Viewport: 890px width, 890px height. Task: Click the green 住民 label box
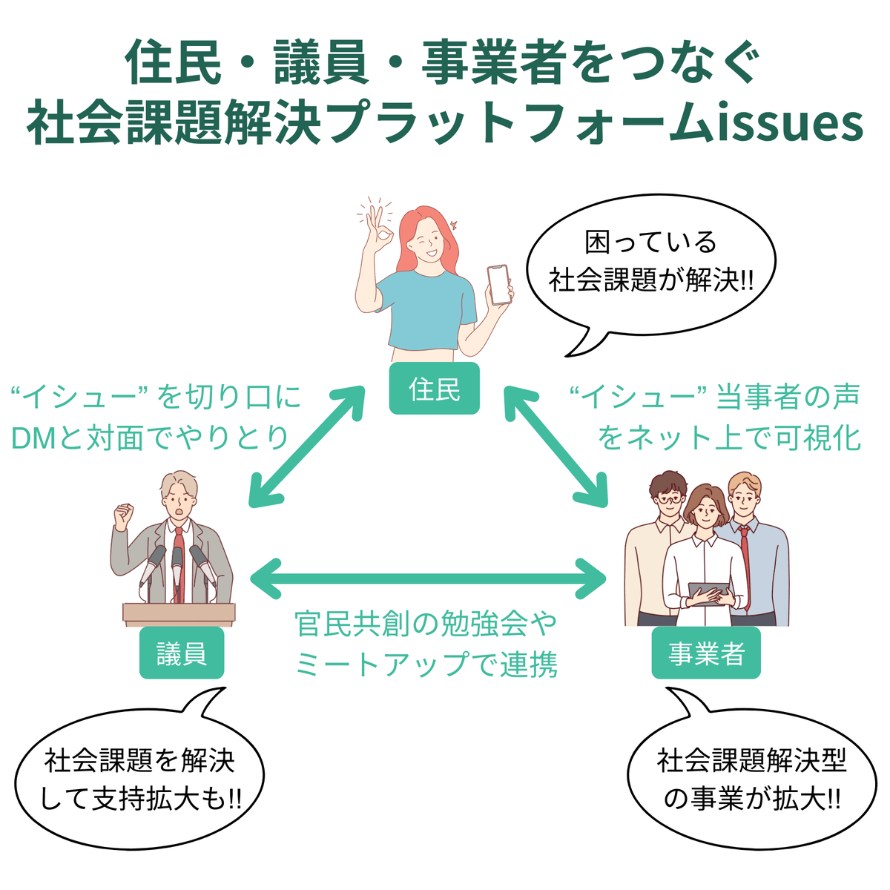pos(434,389)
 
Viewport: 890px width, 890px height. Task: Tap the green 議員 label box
pos(182,653)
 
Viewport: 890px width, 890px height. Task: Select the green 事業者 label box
pos(706,653)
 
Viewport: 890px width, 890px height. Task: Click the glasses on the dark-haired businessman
pos(669,499)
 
